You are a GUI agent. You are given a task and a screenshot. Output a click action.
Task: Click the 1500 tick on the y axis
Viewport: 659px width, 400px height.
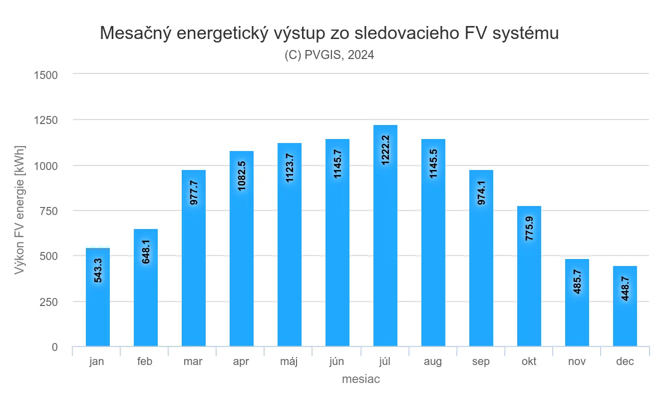[46, 75]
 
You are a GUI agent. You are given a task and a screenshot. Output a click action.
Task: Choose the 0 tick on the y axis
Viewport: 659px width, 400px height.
[54, 347]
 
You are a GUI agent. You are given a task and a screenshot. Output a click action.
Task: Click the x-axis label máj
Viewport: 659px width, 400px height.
[289, 361]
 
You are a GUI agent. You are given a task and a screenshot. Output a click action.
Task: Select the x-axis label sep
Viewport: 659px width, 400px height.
[481, 361]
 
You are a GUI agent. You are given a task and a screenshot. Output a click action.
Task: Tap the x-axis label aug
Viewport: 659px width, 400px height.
[433, 361]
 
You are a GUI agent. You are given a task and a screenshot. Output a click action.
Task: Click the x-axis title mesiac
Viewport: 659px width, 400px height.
[361, 379]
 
